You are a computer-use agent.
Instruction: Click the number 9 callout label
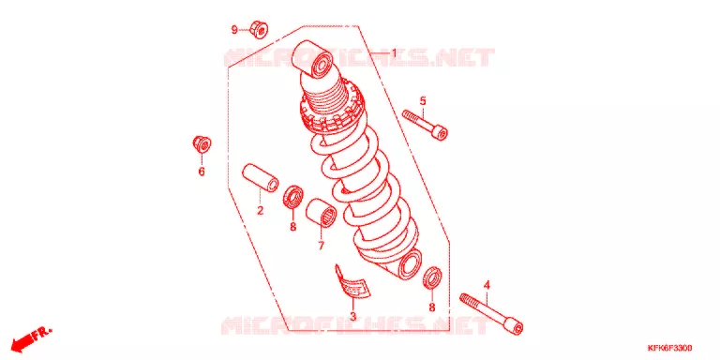point(234,30)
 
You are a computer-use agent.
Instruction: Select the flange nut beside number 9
point(260,29)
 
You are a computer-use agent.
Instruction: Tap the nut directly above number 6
point(202,143)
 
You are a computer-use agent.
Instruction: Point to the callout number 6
point(202,172)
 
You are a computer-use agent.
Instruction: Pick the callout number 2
point(260,211)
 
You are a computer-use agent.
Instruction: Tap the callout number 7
point(321,246)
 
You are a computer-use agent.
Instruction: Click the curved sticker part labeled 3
point(352,282)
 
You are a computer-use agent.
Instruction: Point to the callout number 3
point(352,316)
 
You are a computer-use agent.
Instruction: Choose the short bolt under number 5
point(425,125)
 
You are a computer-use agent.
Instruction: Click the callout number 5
point(423,101)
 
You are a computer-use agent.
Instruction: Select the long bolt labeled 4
point(491,314)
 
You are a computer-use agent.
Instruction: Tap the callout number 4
point(487,286)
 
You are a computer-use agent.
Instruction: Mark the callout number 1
point(394,53)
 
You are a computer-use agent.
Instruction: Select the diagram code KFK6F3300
point(670,348)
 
